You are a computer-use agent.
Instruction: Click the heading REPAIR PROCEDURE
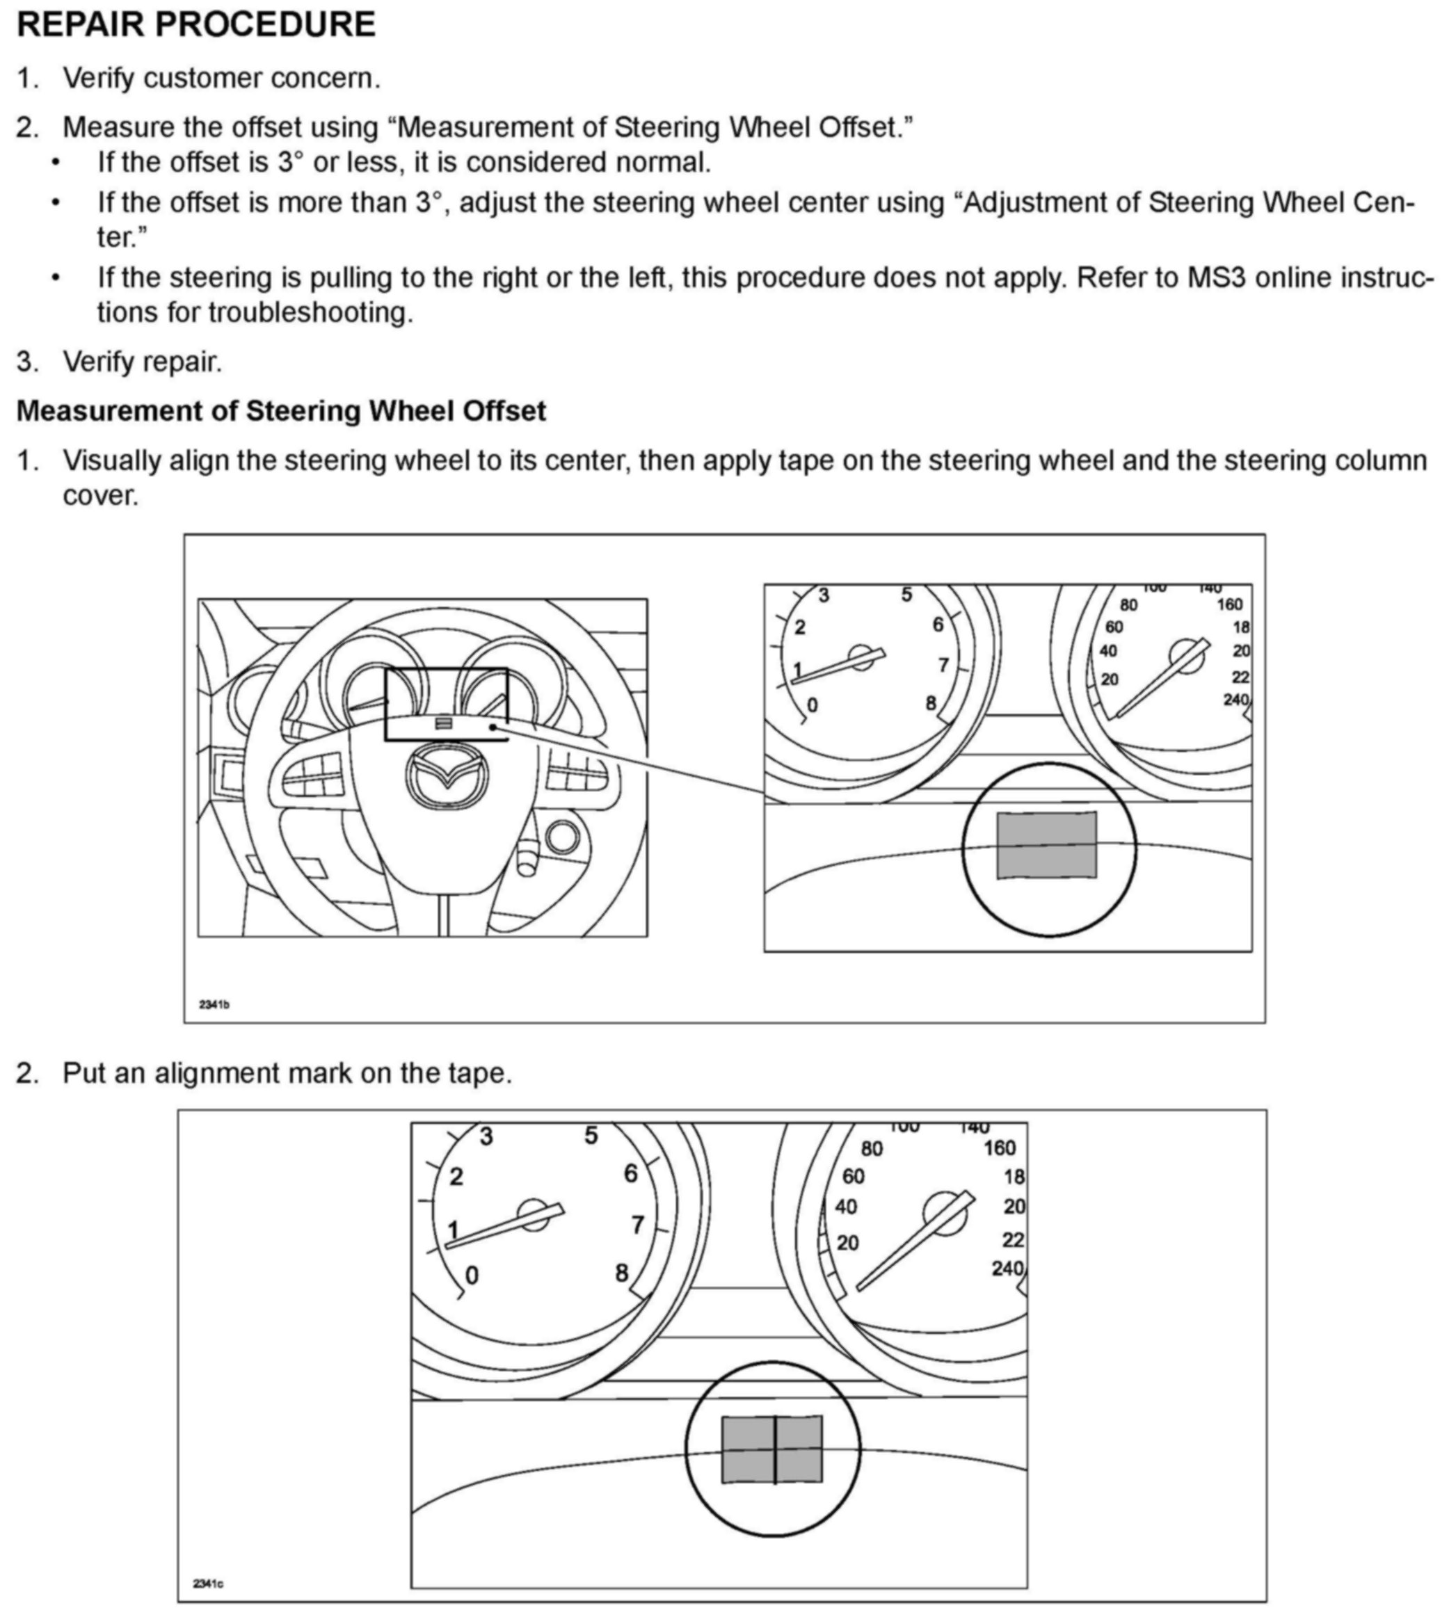click(x=196, y=24)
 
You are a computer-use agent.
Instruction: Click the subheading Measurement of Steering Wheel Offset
click(x=281, y=410)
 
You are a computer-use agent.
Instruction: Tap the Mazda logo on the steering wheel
click(x=447, y=775)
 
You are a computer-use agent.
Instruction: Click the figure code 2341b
click(x=214, y=1004)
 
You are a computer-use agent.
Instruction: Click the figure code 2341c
click(x=208, y=1584)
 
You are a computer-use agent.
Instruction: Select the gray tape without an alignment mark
click(x=1046, y=845)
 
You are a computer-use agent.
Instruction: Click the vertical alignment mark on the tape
click(x=774, y=1450)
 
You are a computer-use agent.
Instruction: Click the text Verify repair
click(x=143, y=362)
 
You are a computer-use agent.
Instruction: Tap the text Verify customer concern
click(x=222, y=79)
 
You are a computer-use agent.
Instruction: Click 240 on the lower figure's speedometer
click(x=1007, y=1269)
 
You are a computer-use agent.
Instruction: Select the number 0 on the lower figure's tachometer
click(x=472, y=1276)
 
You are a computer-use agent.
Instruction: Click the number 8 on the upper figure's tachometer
click(x=931, y=703)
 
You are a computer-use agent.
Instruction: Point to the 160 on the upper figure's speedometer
click(x=1230, y=604)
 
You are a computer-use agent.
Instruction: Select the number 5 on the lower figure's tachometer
click(x=591, y=1136)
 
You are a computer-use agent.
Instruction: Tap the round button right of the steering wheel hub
click(x=562, y=837)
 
